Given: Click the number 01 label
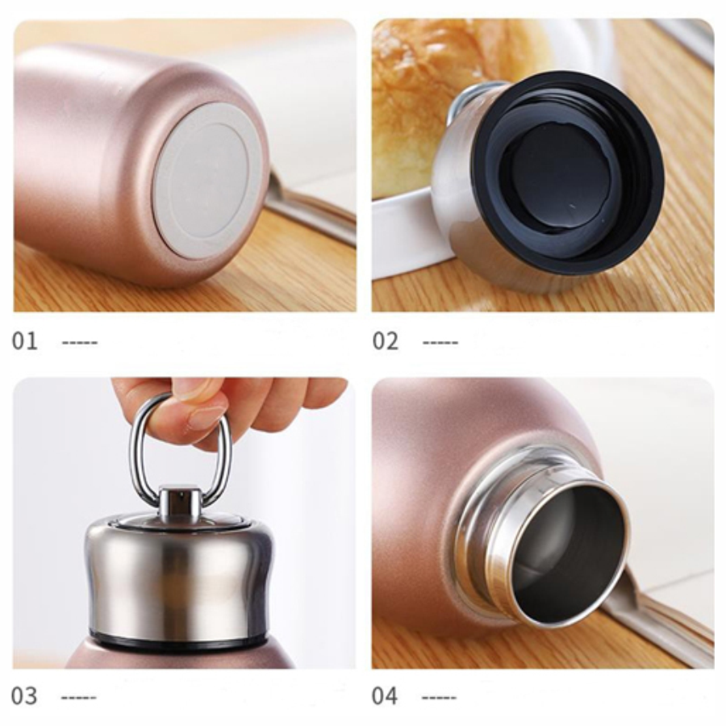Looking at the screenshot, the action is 24,341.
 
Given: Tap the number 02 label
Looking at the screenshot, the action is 386,341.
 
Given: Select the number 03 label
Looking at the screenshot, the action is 24,696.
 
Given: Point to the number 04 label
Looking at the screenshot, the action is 385,696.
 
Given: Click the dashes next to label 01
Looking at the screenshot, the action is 80,343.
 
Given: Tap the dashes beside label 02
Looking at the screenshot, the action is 440,343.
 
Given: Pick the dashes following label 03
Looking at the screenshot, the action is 79,697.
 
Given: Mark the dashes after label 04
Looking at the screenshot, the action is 439,697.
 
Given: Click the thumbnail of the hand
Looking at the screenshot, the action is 205,411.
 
